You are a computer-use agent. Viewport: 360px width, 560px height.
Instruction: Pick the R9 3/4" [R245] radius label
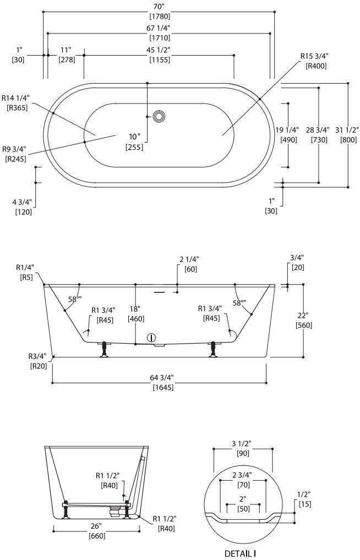pyautogui.click(x=14, y=154)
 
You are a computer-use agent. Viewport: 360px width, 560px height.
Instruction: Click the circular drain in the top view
pyautogui.click(x=159, y=116)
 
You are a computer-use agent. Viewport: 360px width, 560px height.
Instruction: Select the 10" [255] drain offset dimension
pyautogui.click(x=135, y=142)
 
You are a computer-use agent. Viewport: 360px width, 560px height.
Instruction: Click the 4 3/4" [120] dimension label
pyautogui.click(x=22, y=206)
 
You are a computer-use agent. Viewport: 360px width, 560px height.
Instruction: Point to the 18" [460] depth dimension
pyautogui.click(x=135, y=313)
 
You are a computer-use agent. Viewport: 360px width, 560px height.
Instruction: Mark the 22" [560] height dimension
pyautogui.click(x=303, y=320)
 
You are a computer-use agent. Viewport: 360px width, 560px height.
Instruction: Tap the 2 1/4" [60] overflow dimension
pyautogui.click(x=189, y=264)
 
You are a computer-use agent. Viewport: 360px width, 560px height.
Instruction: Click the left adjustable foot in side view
pyautogui.click(x=103, y=349)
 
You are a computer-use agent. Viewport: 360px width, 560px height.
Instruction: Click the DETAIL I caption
pyautogui.click(x=241, y=553)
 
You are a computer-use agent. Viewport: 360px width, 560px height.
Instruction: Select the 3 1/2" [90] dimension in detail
pyautogui.click(x=243, y=448)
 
